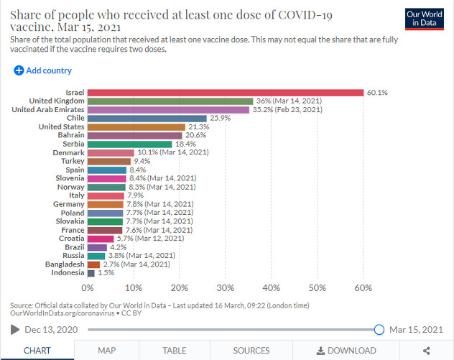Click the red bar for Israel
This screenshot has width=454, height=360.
pos(226,93)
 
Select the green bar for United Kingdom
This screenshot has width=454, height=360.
pos(170,101)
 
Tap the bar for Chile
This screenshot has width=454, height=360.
pos(147,118)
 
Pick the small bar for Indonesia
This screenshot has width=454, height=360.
pos(91,273)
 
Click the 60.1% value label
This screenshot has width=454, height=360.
pos(377,93)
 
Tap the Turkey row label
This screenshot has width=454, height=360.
pos(73,161)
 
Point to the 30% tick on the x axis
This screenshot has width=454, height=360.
pos(226,288)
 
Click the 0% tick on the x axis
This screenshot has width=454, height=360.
pos(88,288)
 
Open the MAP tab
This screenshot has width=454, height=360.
pos(107,351)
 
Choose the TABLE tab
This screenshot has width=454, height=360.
pos(175,351)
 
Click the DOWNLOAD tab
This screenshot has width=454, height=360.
pos(346,351)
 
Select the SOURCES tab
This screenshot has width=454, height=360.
pos(251,351)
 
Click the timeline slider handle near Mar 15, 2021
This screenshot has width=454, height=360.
pos(379,330)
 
